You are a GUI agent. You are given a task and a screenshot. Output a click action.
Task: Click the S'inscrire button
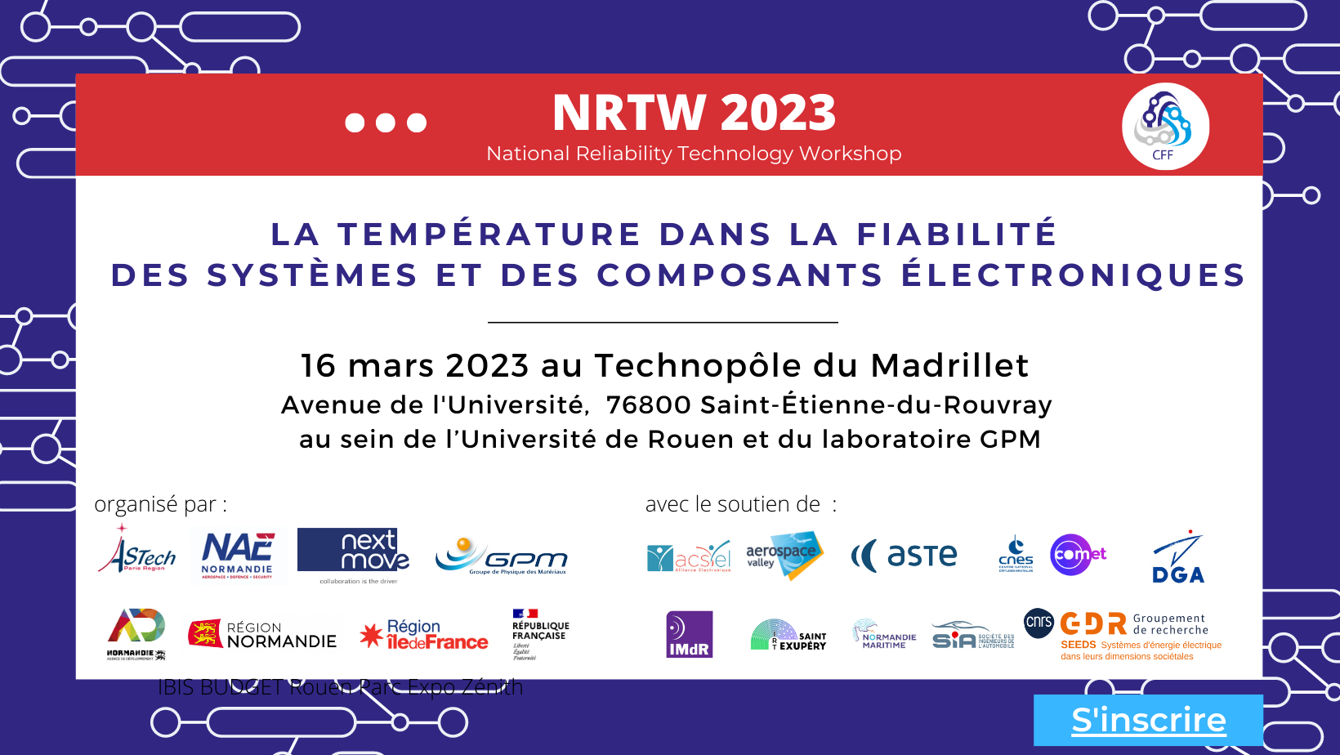click(x=1148, y=720)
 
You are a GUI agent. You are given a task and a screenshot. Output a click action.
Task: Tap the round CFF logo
click(x=1165, y=127)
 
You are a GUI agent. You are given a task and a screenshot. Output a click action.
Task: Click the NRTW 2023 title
click(x=694, y=113)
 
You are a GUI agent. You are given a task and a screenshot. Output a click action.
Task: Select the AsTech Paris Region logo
click(x=137, y=551)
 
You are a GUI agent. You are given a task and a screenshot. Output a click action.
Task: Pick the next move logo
click(x=353, y=551)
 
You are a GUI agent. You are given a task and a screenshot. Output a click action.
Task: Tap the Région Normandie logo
click(x=262, y=634)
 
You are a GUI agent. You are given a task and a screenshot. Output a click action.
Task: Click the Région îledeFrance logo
click(x=424, y=635)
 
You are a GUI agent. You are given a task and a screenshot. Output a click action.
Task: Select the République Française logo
click(x=539, y=633)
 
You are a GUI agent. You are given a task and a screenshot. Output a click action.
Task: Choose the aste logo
click(x=904, y=556)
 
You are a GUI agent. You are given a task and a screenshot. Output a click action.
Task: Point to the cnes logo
click(x=1016, y=555)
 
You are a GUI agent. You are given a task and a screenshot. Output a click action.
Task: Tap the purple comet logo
click(x=1077, y=555)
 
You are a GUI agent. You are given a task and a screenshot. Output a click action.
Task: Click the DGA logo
click(x=1178, y=557)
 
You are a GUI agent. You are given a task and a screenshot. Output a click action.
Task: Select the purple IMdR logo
click(x=690, y=634)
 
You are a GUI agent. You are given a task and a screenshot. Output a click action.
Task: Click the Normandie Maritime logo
click(x=884, y=635)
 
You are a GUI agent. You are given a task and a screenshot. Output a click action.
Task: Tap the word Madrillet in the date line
click(x=949, y=365)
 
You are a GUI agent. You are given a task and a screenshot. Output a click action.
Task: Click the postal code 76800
click(x=649, y=404)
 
